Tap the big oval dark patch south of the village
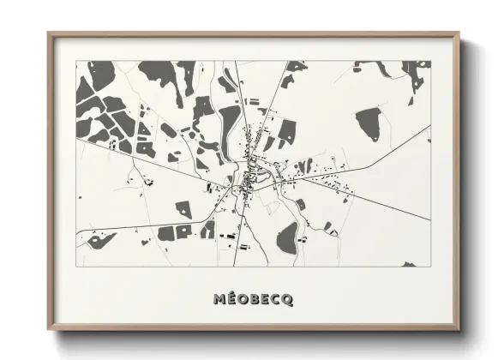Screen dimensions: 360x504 point(289,233)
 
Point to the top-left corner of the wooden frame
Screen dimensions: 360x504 point(50,34)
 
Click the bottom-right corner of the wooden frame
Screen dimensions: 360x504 point(460,330)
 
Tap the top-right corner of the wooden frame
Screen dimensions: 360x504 point(459,34)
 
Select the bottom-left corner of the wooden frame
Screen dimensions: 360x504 point(50,331)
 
